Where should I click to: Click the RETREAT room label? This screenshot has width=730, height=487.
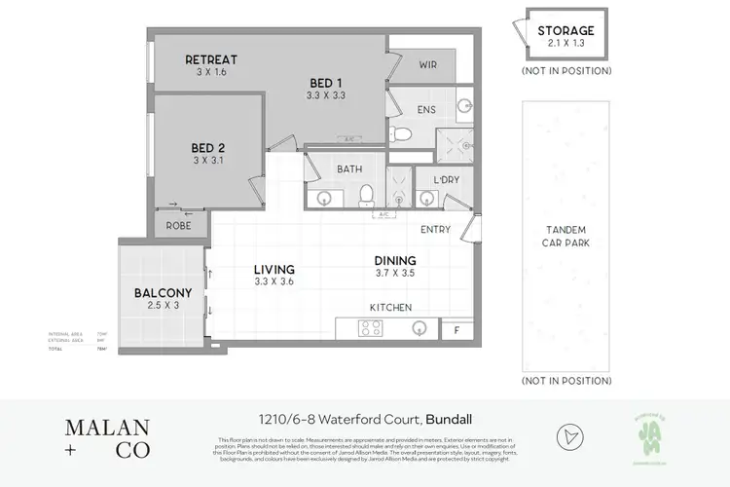coord(211,59)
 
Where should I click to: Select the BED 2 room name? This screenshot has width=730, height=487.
coord(208,148)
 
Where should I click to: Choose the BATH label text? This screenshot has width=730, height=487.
coord(349,169)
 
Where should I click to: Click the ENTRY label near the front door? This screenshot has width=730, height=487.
coord(435,230)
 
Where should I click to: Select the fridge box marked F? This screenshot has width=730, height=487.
coord(456,330)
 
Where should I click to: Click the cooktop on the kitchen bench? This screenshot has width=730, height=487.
coord(371,329)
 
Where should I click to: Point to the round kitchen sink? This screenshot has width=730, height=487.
coord(418,329)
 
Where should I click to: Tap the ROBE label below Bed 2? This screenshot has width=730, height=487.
coord(178,225)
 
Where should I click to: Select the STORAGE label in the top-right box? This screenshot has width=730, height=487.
coord(566,31)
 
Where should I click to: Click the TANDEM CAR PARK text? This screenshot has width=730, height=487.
coord(566,237)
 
